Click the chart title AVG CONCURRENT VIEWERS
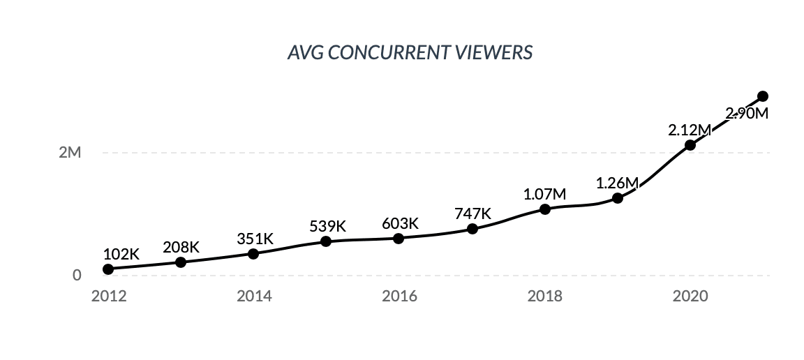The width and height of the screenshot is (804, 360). coord(410,53)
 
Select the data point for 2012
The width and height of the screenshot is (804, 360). coord(108,269)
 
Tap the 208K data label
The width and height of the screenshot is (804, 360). coord(181,247)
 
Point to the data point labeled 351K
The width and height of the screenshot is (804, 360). coord(253,254)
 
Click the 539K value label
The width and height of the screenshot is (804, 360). coord(327,226)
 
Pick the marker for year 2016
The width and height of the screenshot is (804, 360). coord(399,239)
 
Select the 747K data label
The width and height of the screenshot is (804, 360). coord(472,213)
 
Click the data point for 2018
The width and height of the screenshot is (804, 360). coord(545,209)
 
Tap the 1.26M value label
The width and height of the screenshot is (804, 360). coord(617,183)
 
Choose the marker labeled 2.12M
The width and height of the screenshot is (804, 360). coord(690,145)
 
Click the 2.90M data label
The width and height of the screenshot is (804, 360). coord(747,113)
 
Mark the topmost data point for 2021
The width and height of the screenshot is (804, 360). coord(763,96)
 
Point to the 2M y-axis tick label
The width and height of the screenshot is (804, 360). coord(70,153)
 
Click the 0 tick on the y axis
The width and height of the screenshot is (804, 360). coord(77,276)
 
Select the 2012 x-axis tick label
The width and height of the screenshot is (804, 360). coord(109,296)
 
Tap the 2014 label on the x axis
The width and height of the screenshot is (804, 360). coord(254,296)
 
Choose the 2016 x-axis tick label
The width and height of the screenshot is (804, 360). coord(399,296)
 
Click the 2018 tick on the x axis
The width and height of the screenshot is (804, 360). coord(545,296)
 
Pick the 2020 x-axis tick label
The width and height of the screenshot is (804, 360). coord(690,296)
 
